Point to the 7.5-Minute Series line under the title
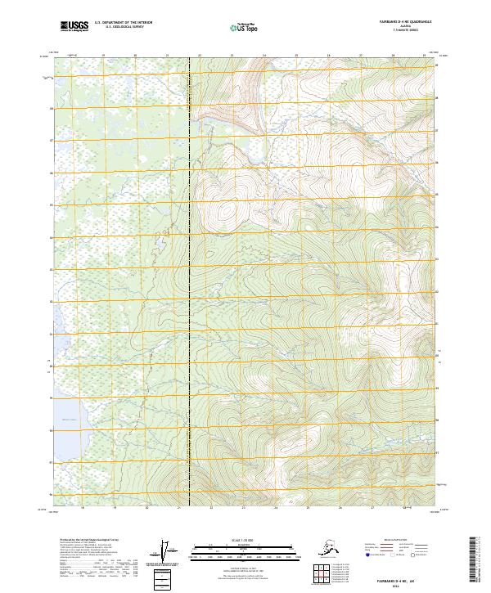pyautogui.click(x=405, y=30)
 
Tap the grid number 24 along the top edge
pyautogui.click(x=264, y=56)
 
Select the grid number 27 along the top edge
pyautogui.click(x=361, y=56)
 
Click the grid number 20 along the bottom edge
pyautogui.click(x=147, y=507)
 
